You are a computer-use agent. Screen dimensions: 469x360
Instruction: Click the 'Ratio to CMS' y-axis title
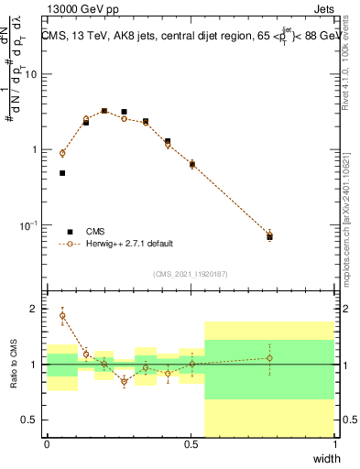pos(14,365)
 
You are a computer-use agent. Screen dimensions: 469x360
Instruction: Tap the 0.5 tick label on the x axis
pos(191,443)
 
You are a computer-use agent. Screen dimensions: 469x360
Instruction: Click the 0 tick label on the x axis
pos(47,443)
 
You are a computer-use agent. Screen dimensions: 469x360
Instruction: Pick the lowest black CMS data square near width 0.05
pos(62,173)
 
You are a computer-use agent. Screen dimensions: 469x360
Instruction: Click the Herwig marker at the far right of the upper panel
pos(269,234)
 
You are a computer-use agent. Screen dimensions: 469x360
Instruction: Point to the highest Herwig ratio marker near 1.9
pos(62,315)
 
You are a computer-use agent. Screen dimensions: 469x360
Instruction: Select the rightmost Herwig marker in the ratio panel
pos(269,358)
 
